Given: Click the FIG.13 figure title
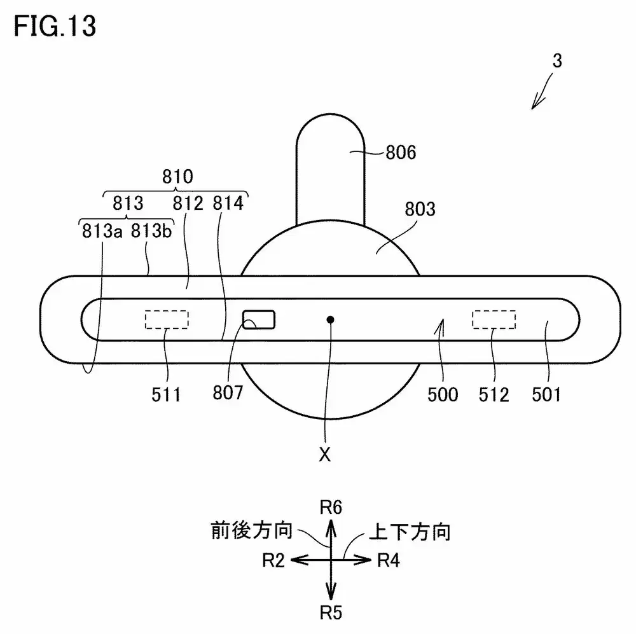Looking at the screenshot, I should click(x=56, y=27).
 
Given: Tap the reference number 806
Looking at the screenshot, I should click(x=401, y=153).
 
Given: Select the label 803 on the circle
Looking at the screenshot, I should click(x=419, y=209).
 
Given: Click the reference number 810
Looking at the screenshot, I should click(x=177, y=177).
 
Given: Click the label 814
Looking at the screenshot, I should click(x=228, y=204).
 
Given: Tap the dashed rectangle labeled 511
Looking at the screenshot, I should click(x=167, y=319).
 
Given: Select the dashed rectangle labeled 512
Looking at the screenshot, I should click(x=494, y=319).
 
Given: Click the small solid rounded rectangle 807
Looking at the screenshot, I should click(x=259, y=319).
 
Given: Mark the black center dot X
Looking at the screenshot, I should click(x=329, y=319).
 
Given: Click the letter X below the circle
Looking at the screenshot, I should click(x=325, y=455).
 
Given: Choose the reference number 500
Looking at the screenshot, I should click(x=443, y=395).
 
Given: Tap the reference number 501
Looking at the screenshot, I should click(x=546, y=395).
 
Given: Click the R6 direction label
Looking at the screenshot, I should click(x=331, y=507).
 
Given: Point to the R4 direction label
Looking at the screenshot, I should click(x=389, y=560).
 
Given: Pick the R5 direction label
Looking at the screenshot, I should click(x=331, y=612).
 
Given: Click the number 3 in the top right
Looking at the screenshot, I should click(x=557, y=61).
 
